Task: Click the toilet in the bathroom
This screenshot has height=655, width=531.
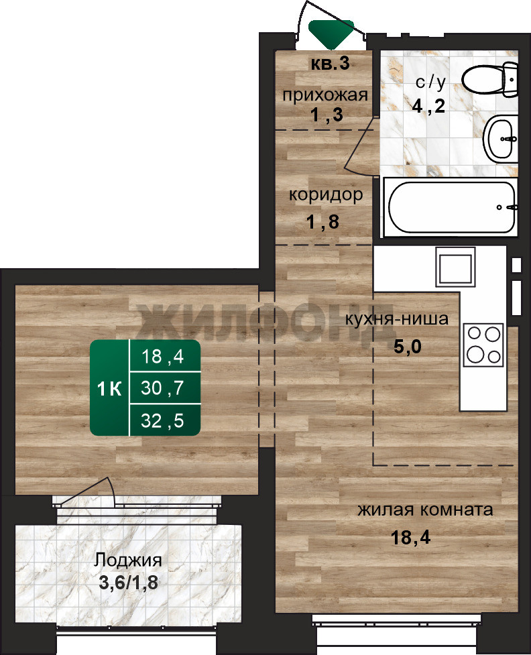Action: [x=490, y=79]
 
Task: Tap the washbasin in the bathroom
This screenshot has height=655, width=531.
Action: [x=501, y=139]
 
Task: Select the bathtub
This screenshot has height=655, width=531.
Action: [x=451, y=207]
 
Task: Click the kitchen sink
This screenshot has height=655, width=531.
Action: [x=455, y=267]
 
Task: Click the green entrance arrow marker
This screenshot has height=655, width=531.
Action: [x=331, y=33]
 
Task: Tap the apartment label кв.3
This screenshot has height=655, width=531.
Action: [x=330, y=64]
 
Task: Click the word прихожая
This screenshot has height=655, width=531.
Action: [x=325, y=95]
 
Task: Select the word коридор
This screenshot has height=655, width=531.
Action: [x=326, y=195]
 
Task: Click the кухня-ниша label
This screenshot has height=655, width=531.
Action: [x=396, y=319]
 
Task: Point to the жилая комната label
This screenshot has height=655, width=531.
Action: [x=425, y=510]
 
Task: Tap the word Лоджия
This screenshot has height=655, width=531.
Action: [x=128, y=560]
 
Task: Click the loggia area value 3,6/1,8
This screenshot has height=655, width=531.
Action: [x=128, y=583]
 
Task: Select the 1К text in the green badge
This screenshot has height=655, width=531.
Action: [x=109, y=389]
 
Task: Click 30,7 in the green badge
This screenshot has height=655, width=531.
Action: [x=162, y=388]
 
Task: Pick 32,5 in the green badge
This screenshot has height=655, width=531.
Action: [x=162, y=420]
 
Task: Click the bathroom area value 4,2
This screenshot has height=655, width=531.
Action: [x=428, y=106]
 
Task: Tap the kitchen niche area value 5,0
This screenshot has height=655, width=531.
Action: [x=408, y=347]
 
